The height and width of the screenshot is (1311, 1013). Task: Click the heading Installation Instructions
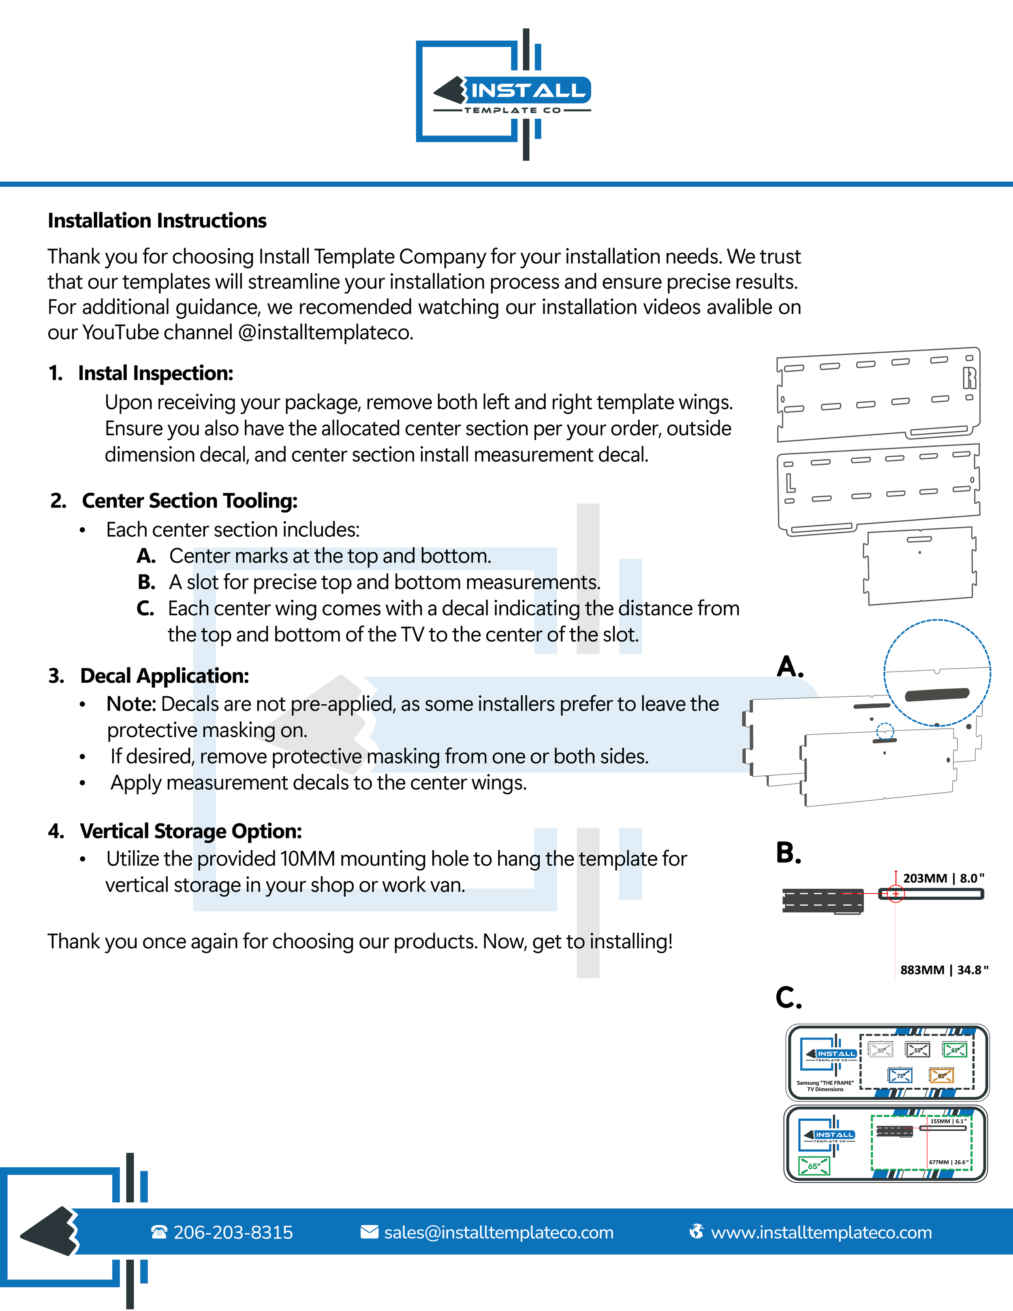(157, 221)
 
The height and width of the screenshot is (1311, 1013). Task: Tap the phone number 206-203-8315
(233, 1232)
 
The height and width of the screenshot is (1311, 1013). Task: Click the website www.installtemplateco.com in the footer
(821, 1232)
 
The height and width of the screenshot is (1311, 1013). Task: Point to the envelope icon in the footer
(369, 1232)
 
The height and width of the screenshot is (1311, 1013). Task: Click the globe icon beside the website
(696, 1232)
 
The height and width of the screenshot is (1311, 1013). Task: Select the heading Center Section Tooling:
(190, 500)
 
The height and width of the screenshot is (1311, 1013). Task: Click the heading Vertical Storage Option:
(191, 831)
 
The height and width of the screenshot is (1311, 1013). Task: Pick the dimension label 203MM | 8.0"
(943, 878)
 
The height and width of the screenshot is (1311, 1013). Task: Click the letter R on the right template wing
(969, 378)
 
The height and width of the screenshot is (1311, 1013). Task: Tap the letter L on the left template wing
(791, 482)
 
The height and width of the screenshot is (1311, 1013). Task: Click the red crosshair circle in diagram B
(895, 894)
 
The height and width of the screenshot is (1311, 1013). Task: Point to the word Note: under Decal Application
(131, 704)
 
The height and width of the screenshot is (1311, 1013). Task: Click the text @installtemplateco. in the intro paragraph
(326, 333)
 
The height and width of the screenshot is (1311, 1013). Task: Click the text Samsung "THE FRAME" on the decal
(825, 1083)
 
